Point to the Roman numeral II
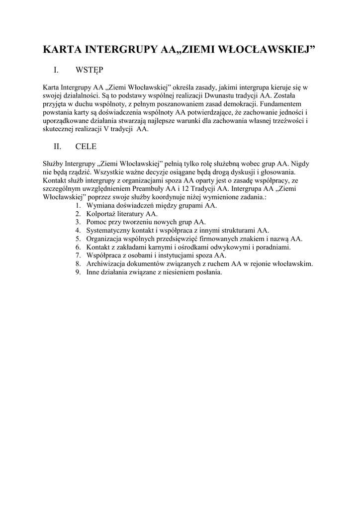(57, 147)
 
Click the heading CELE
(86, 147)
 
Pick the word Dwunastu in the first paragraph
(224, 95)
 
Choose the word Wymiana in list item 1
(99, 205)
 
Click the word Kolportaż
(101, 214)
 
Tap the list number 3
(78, 222)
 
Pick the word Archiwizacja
(106, 264)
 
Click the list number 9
(78, 272)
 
